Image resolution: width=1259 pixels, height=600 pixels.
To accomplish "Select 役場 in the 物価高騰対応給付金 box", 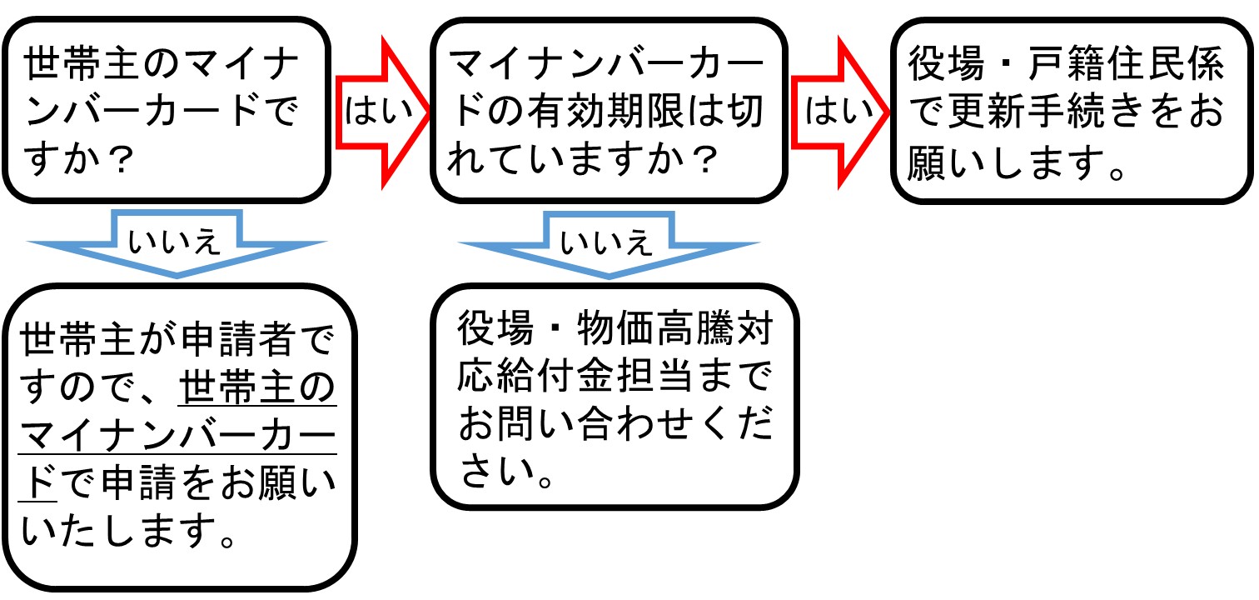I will (495, 332).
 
